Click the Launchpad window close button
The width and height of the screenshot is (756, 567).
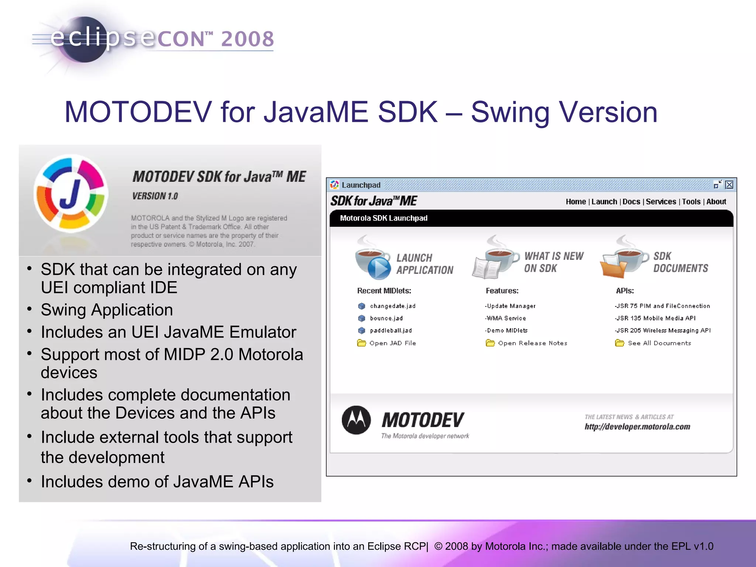729,185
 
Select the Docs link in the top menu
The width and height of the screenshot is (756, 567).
631,202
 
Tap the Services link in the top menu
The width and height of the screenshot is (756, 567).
661,202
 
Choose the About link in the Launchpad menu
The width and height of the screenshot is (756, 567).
716,202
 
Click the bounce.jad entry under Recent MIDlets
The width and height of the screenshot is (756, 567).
386,318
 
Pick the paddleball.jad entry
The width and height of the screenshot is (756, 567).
391,330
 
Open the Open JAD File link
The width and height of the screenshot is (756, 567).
392,343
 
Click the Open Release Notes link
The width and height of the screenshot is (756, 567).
532,343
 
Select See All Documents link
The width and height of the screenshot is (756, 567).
659,343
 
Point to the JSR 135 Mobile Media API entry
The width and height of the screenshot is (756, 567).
655,318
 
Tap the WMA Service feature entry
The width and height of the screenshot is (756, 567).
506,318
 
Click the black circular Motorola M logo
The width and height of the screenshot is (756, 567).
356,420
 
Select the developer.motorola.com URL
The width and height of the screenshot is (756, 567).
637,427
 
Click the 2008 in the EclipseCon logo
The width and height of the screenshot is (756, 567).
247,39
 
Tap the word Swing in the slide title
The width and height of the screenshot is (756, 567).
510,112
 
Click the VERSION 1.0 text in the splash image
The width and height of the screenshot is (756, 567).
155,196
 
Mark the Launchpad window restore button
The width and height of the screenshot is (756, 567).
717,185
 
